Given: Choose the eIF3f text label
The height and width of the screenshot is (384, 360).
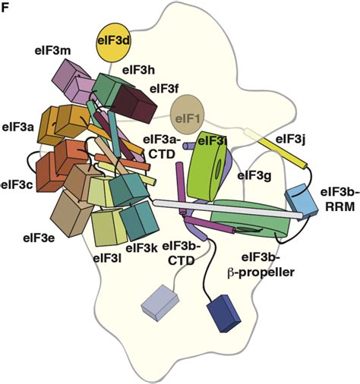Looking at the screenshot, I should [164, 89].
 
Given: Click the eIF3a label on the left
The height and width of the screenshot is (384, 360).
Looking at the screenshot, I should [17, 129].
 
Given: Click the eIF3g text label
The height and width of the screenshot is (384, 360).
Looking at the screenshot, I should [255, 176].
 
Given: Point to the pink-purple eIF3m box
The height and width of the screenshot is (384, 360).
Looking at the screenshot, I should [73, 80].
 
